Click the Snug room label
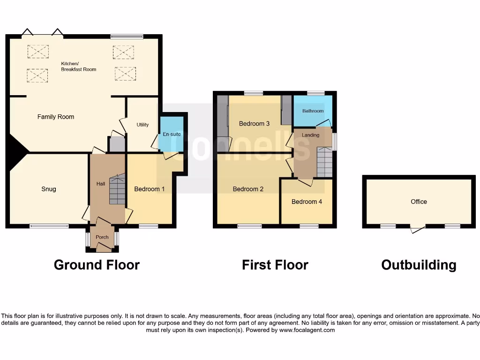click(48, 189)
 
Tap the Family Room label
click(56, 117)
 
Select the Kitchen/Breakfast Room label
click(78, 66)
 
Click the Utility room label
click(142, 125)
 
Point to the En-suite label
click(172, 134)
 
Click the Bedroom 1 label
click(150, 189)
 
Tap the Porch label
click(102, 237)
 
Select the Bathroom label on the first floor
click(313, 111)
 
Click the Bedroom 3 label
click(254, 124)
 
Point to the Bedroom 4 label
click(307, 202)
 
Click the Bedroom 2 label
click(248, 189)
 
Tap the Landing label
click(310, 135)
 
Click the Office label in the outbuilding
click(419, 202)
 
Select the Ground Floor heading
click(97, 265)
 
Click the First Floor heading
click(275, 265)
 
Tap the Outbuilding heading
click(419, 265)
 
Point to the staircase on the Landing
click(324, 162)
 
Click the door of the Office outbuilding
click(417, 229)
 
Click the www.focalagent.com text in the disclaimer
click(307, 330)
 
